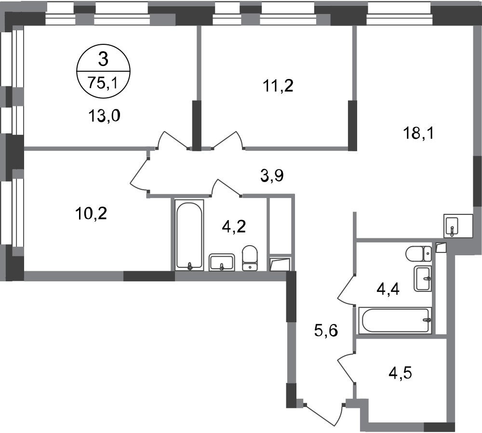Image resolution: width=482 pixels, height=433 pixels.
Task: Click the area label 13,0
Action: (x=104, y=117)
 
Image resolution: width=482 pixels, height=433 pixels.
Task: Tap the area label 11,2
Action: (x=278, y=86)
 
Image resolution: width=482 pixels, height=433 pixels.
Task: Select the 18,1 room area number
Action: (x=418, y=133)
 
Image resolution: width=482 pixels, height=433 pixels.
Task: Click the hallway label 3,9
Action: (x=272, y=176)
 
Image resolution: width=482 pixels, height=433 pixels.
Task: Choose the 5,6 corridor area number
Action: (x=326, y=331)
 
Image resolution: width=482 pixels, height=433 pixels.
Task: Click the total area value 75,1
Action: (x=103, y=83)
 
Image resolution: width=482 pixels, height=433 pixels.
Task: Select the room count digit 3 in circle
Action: (x=103, y=59)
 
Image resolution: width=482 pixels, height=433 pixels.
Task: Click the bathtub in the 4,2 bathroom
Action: (x=189, y=236)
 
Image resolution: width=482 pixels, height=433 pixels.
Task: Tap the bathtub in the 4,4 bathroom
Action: (x=395, y=320)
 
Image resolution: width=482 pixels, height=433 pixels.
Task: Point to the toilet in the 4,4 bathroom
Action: (x=418, y=254)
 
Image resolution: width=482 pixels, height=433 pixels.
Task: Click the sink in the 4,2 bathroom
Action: (x=222, y=262)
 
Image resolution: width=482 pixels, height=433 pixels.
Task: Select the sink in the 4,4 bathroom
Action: (x=423, y=278)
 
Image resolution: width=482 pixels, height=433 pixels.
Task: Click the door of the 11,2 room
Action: (x=229, y=140)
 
